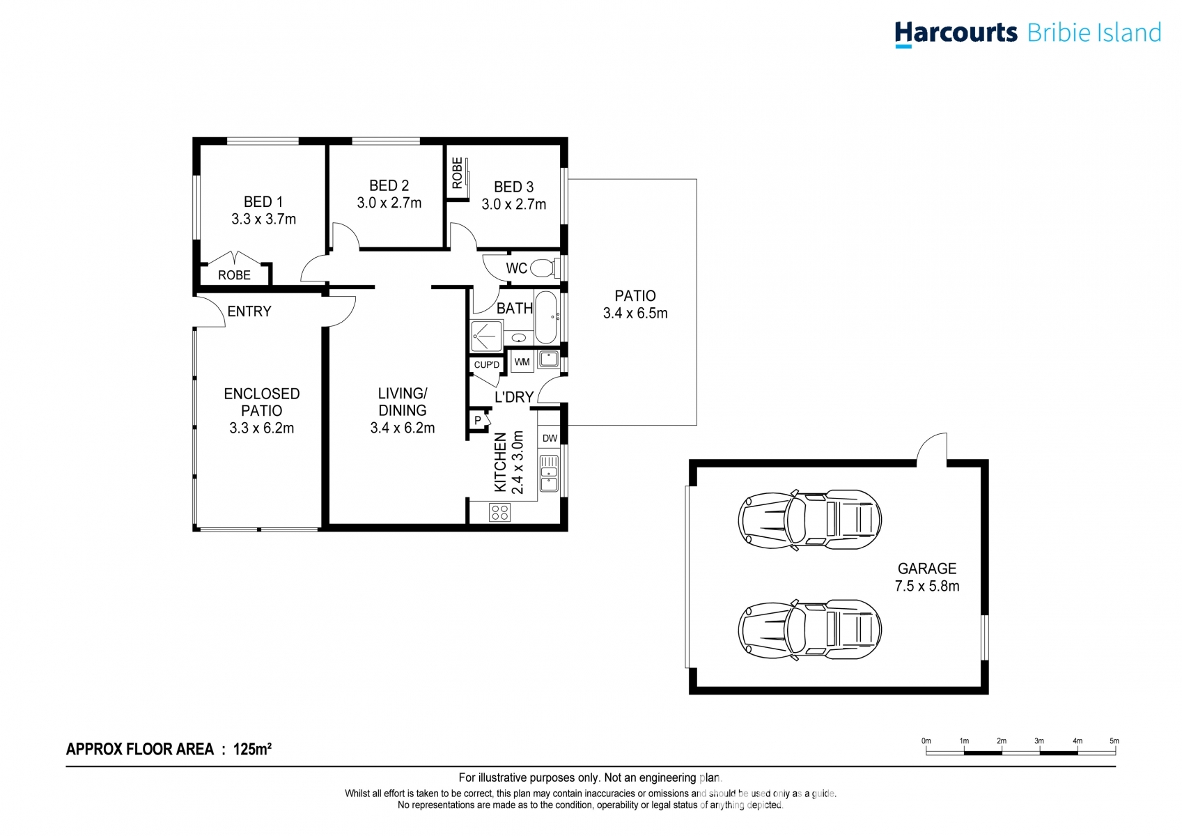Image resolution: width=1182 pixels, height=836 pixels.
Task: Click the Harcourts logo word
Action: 956,33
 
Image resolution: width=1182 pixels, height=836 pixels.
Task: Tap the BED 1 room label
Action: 263,201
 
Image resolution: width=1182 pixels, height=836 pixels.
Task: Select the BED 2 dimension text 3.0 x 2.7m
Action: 389,203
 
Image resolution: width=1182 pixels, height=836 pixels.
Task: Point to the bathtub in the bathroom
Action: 546,318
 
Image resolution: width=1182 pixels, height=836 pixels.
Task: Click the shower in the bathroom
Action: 486,336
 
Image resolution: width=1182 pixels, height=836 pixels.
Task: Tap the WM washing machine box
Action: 522,362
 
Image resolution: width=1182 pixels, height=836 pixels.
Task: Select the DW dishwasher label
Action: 550,438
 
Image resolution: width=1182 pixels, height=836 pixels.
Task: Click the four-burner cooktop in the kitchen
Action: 499,512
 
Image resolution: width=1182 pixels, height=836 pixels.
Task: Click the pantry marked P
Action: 478,420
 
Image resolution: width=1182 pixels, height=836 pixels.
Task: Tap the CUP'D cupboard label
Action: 486,364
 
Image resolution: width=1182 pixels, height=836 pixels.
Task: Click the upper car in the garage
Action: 809,520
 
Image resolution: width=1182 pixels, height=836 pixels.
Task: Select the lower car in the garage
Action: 809,630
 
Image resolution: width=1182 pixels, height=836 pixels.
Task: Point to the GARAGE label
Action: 927,568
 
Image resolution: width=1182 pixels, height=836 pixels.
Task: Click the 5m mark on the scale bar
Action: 1114,741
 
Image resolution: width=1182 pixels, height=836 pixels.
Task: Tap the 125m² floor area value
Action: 252,748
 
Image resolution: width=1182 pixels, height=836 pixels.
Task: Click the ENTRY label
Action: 249,311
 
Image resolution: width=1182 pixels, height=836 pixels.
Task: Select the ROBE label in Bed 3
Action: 458,173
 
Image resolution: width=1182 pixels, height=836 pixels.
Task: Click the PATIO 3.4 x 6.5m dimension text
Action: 635,313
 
